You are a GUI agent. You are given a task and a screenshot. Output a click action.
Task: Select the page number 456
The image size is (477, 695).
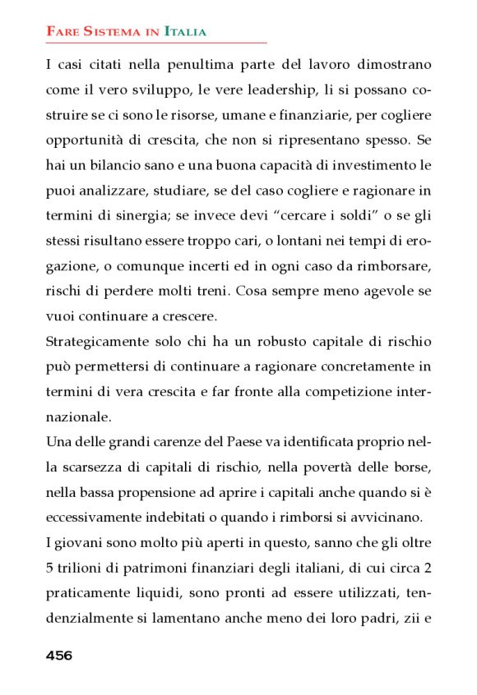pos(59,655)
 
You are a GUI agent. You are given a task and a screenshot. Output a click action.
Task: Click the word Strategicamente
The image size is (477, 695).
pos(98,341)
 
